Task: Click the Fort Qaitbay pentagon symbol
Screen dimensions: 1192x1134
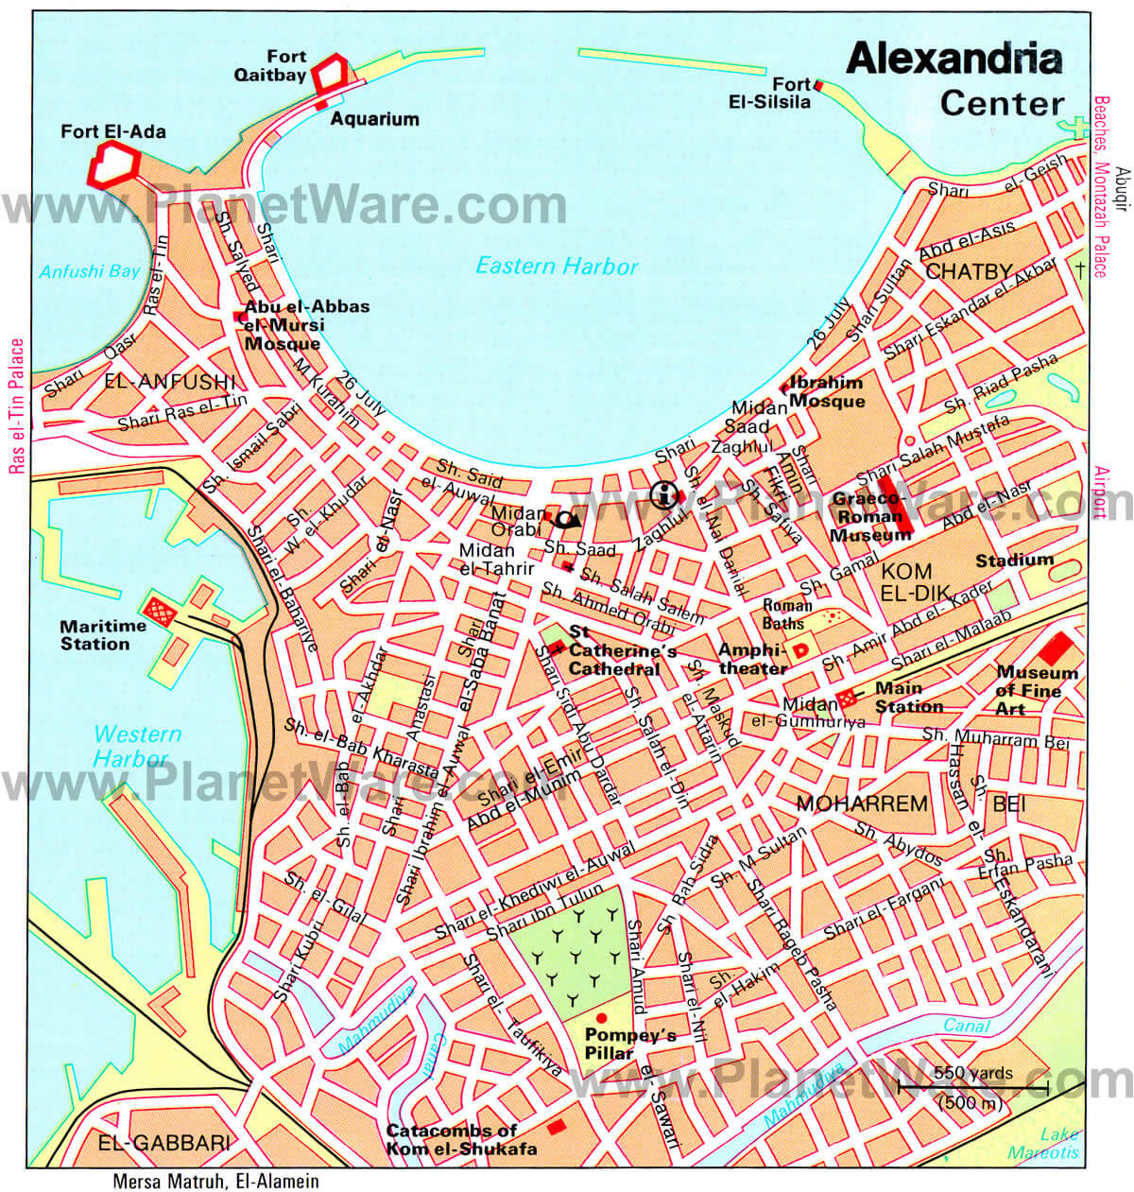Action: [331, 72]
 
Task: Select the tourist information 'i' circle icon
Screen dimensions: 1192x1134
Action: [665, 493]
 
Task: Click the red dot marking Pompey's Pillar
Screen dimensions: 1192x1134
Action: [602, 1017]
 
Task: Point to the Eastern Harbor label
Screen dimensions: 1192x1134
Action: [557, 267]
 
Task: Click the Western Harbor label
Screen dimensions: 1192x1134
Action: [136, 746]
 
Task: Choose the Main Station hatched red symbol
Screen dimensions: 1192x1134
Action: [848, 698]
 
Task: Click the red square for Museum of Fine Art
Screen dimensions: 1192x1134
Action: [1056, 648]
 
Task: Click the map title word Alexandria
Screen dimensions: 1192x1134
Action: [954, 60]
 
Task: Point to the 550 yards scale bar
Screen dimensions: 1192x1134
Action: [972, 1089]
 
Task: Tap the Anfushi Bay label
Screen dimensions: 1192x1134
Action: [89, 272]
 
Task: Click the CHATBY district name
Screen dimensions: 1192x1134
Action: [969, 272]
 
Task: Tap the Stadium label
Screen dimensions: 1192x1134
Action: [1014, 561]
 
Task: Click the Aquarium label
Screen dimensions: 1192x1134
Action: [374, 119]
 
